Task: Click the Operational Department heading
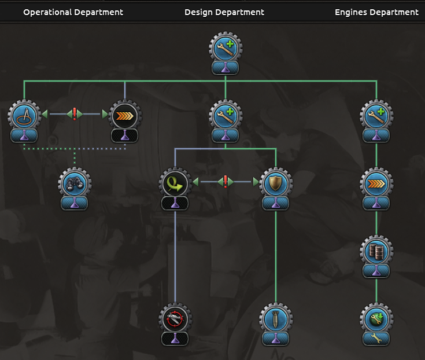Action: pyautogui.click(x=73, y=12)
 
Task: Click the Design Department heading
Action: pyautogui.click(x=224, y=12)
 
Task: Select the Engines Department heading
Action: pyautogui.click(x=376, y=12)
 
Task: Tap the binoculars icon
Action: pyautogui.click(x=74, y=183)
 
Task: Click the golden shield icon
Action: pyautogui.click(x=275, y=183)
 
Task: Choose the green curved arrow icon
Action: pyautogui.click(x=175, y=183)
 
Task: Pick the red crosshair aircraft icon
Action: pyautogui.click(x=175, y=319)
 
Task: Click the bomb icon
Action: pyautogui.click(x=275, y=319)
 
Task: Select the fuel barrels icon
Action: pyautogui.click(x=376, y=251)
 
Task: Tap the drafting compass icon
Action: pyautogui.click(x=24, y=115)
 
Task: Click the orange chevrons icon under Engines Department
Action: pyautogui.click(x=376, y=183)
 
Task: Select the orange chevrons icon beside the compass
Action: pyautogui.click(x=124, y=115)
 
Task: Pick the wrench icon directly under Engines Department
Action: pyautogui.click(x=376, y=115)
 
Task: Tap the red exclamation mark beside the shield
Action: pyautogui.click(x=225, y=182)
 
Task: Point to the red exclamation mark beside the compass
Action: pyautogui.click(x=74, y=114)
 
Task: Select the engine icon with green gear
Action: pyautogui.click(x=376, y=319)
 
